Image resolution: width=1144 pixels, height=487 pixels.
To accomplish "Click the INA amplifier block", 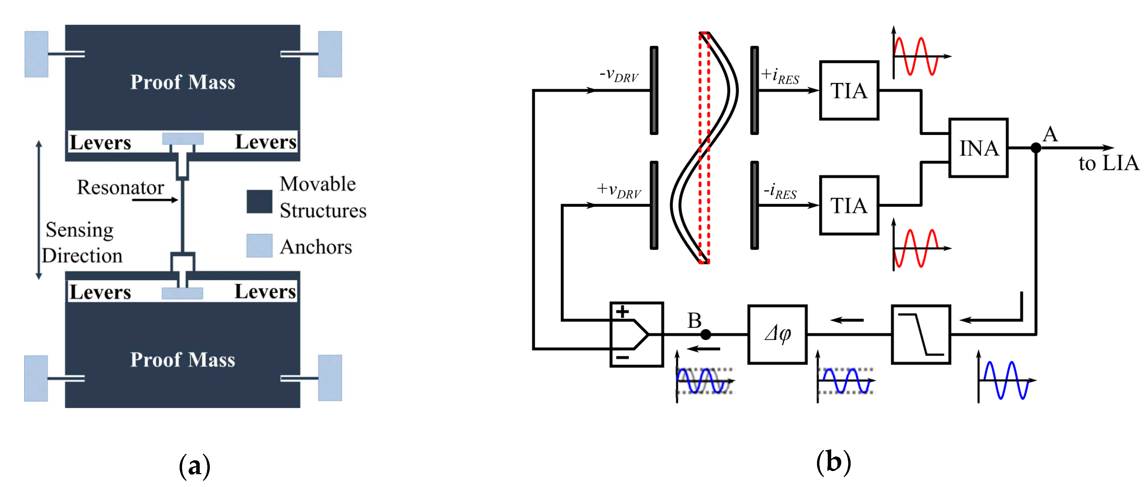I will click(x=978, y=148).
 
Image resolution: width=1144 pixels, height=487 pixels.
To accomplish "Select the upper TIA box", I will click(x=849, y=91).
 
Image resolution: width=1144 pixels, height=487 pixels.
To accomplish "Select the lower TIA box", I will click(x=849, y=205).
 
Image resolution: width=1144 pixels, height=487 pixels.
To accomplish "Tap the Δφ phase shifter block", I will click(x=777, y=334).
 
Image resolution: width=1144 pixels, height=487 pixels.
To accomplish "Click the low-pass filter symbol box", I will click(x=921, y=334).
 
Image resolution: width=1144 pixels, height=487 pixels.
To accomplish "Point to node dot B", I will click(x=706, y=334).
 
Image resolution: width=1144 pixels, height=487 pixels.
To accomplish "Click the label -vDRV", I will click(x=619, y=75).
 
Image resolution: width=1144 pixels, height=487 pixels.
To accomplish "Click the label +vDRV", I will click(x=619, y=190).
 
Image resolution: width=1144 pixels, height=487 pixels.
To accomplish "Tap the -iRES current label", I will click(x=780, y=191).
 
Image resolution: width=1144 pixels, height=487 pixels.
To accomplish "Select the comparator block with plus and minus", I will click(x=636, y=334).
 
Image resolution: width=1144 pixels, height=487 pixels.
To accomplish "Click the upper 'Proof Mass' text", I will click(x=182, y=82).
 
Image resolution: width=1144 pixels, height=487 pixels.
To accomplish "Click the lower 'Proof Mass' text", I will click(x=182, y=359).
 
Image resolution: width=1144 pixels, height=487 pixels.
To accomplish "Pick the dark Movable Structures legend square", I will click(x=259, y=201).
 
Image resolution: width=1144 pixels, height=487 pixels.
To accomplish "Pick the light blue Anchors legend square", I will click(x=259, y=245).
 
